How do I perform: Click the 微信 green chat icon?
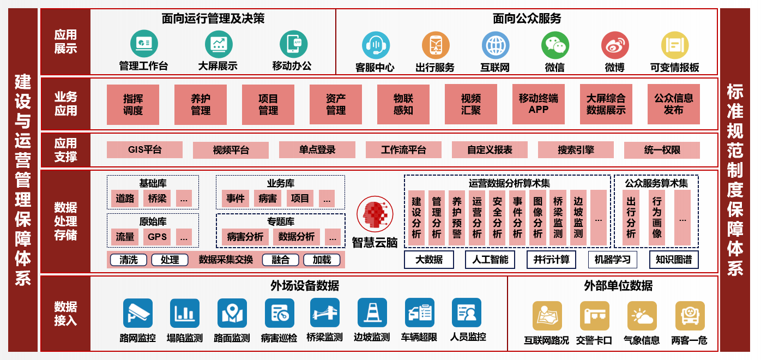[x=555, y=45]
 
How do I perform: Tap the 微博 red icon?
[x=615, y=45]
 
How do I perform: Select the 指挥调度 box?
[x=133, y=105]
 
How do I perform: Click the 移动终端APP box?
[x=538, y=105]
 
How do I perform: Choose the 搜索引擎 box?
[x=576, y=149]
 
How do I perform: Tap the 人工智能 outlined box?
[x=490, y=260]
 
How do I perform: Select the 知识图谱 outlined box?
[x=674, y=260]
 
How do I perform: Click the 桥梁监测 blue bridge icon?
[x=324, y=313]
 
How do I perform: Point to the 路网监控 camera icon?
[x=137, y=313]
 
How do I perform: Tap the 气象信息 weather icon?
[x=642, y=316]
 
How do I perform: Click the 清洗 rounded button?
[x=129, y=260]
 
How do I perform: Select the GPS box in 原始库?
[x=157, y=237]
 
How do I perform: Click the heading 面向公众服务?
[x=527, y=19]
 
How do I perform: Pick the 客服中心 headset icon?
[x=375, y=45]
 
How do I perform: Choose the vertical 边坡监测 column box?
[x=578, y=218]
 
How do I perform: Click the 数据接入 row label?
[x=65, y=314]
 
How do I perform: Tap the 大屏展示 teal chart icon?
[x=218, y=44]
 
